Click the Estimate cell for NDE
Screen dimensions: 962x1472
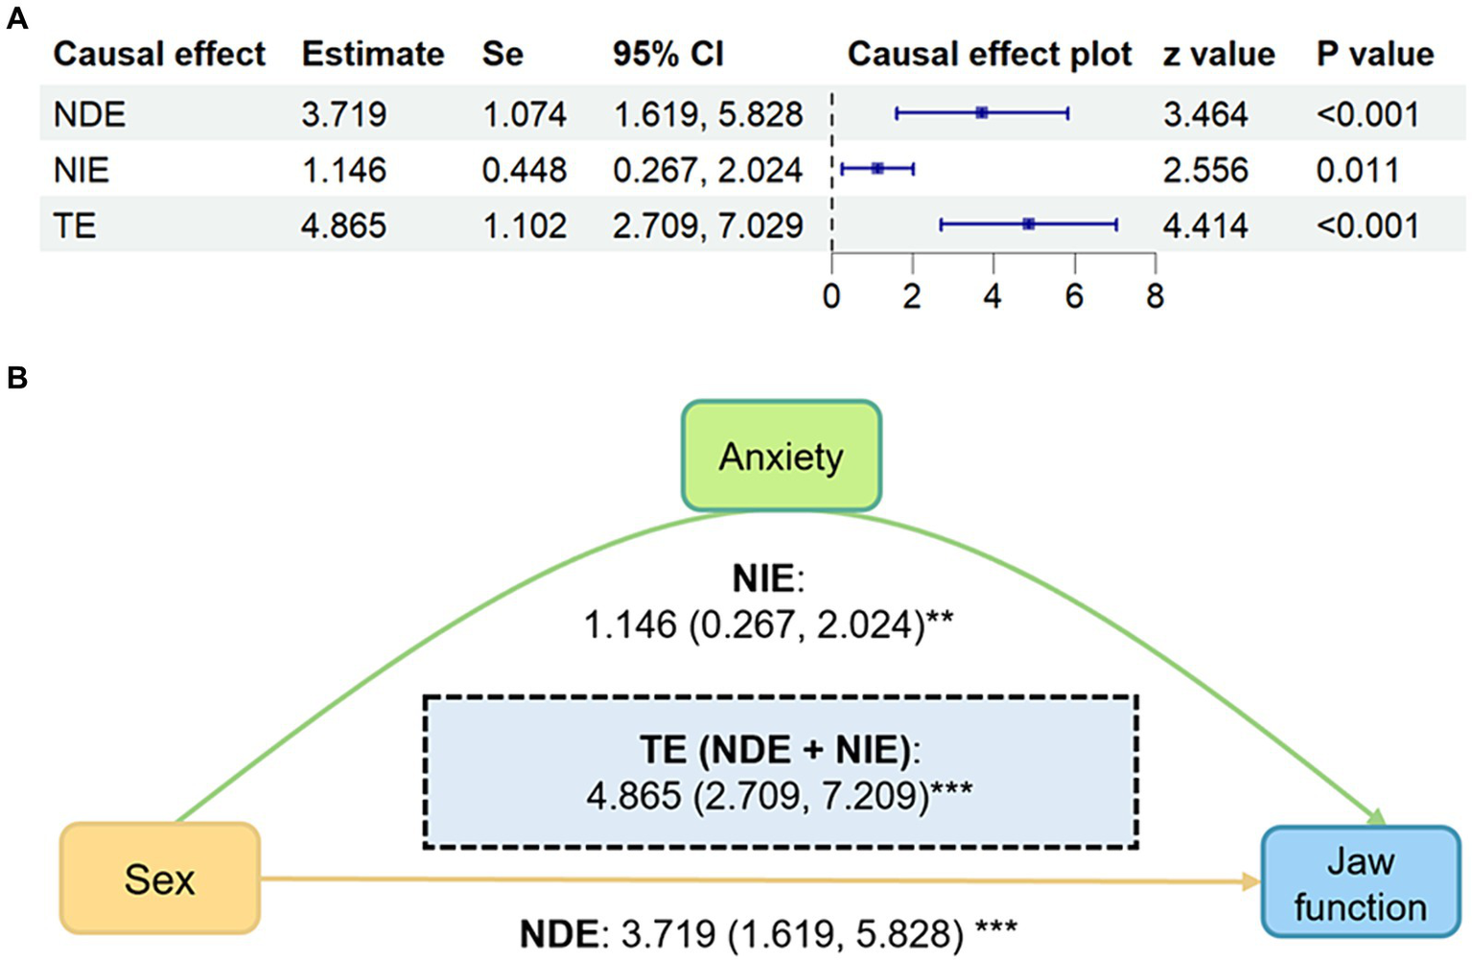343,114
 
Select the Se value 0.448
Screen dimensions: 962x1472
524,170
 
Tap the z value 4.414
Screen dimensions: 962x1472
1204,225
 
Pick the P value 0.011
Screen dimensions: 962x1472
1358,170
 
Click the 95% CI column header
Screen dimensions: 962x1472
667,54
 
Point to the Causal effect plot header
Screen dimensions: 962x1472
989,54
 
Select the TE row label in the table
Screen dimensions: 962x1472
75,225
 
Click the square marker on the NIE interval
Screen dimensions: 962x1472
877,169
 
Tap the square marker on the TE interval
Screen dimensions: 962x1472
1028,224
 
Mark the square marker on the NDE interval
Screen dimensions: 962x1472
981,113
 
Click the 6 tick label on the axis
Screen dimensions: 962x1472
1074,296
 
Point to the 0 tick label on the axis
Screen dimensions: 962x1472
831,296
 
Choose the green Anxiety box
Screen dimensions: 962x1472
781,457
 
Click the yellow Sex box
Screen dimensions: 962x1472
160,879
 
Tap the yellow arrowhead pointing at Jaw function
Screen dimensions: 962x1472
1250,881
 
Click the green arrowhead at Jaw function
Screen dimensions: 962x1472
1377,817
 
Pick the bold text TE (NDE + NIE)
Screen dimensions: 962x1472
774,749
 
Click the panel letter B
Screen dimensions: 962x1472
16,378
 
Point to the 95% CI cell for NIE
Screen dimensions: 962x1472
708,170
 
